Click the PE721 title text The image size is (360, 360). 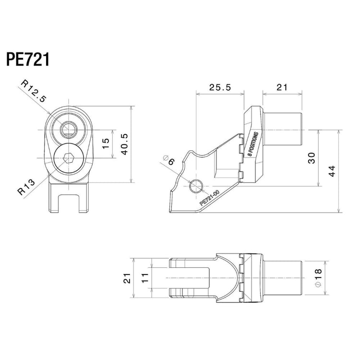tap(27, 60)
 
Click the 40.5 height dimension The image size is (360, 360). tap(124, 144)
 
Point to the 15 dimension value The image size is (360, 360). tap(107, 144)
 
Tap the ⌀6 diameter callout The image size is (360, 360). tap(169, 160)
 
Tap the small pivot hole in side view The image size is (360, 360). tap(197, 186)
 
